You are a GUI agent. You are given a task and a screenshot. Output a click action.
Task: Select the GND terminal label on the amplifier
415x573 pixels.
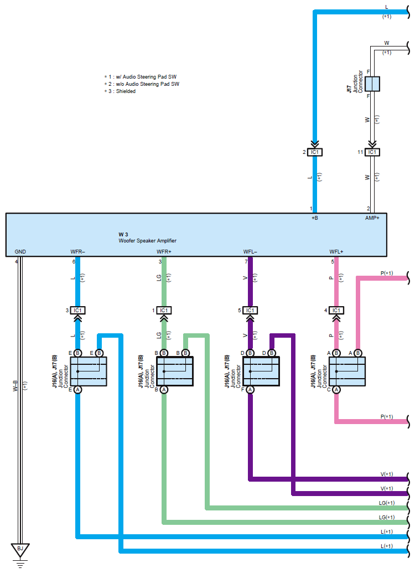pos(20,252)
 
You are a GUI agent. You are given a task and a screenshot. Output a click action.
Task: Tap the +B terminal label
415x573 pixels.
pos(314,218)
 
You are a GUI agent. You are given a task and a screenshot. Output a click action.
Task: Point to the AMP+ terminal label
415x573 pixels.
pos(372,218)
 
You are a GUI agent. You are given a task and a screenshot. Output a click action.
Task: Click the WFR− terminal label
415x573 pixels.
pos(77,252)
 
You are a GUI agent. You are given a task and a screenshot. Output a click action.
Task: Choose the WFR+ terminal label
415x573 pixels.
pos(164,252)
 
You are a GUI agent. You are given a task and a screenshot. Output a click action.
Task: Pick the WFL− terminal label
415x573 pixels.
pos(250,252)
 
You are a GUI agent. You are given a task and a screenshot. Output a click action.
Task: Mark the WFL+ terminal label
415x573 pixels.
pos(336,252)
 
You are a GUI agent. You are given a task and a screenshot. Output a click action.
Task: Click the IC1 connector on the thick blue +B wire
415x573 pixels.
pos(315,152)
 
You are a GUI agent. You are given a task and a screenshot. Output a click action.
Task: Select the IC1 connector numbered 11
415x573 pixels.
pos(372,152)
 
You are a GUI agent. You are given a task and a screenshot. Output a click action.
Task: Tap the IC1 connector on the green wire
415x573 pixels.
pos(164,311)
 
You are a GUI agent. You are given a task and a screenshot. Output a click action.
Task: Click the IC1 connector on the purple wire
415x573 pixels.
pos(250,311)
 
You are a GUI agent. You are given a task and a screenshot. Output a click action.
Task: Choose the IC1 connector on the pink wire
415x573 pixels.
pos(336,311)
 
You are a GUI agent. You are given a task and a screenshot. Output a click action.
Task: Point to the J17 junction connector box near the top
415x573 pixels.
pos(372,84)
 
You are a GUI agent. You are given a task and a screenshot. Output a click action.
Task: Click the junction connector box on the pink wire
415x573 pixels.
pos(347,371)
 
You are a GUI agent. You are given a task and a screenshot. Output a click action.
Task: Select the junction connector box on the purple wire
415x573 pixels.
pos(261,371)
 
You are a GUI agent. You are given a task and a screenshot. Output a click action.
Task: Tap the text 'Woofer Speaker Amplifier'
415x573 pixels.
pos(147,241)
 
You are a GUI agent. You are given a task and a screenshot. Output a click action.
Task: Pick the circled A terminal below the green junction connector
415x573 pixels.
pos(164,390)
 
